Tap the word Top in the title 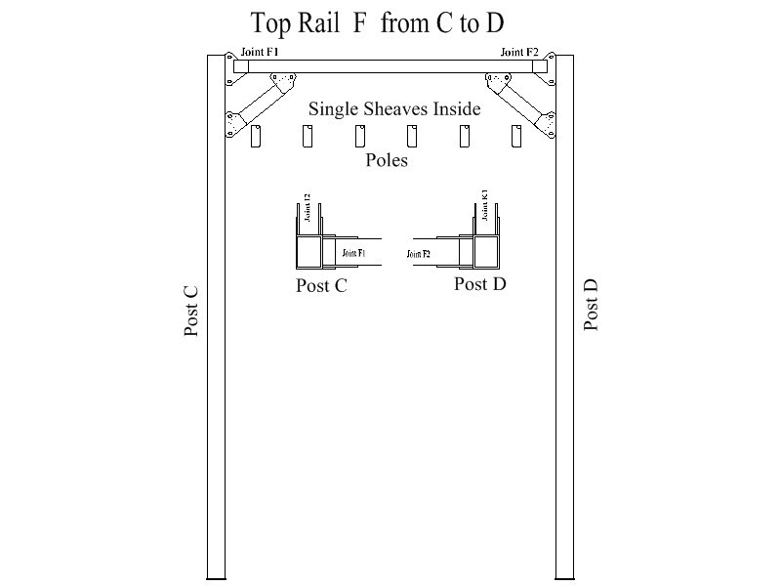click(272, 23)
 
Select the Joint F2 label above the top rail click(519, 52)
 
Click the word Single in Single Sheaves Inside click(334, 108)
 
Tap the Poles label click(387, 159)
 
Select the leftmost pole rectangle click(257, 137)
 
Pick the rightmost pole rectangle click(515, 137)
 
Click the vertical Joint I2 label click(307, 209)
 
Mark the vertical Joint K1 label click(484, 207)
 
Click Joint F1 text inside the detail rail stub click(353, 253)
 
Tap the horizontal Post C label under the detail click(321, 285)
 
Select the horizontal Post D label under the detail click(479, 284)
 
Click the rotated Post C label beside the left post click(191, 312)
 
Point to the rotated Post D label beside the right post click(591, 305)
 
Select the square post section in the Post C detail click(308, 252)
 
